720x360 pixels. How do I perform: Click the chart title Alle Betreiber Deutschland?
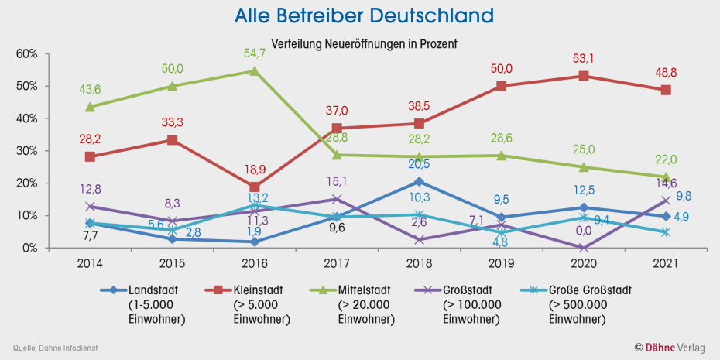(x=363, y=15)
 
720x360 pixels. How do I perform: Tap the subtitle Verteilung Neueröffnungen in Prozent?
(x=363, y=44)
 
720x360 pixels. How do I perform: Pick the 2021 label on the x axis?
(x=665, y=263)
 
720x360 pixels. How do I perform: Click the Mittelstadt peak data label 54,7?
(x=255, y=53)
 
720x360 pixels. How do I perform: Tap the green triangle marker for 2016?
(x=255, y=71)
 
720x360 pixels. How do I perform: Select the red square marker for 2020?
(x=583, y=76)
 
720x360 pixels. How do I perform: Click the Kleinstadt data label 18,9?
(x=255, y=170)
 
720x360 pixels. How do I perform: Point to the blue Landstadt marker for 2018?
(x=419, y=182)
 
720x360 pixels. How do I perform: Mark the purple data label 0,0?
(x=583, y=231)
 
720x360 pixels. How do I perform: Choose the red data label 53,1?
(x=583, y=58)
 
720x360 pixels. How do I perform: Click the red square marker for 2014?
(x=91, y=156)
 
